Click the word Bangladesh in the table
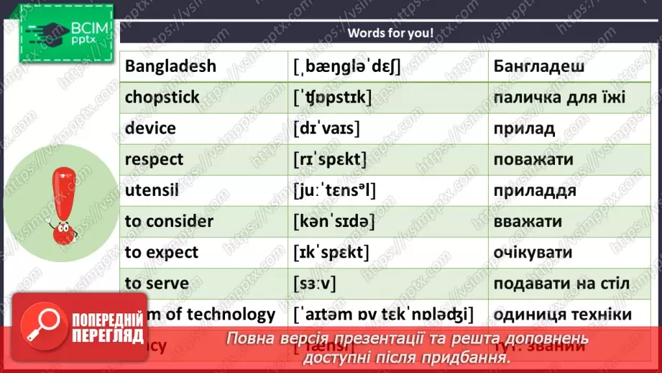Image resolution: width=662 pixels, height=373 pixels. coord(170,66)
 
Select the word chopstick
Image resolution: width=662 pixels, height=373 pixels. coord(162,97)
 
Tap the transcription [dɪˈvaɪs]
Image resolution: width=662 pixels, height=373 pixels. coord(327,128)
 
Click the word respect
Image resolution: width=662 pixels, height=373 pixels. coord(154,159)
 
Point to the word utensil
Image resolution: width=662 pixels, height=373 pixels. coord(151,190)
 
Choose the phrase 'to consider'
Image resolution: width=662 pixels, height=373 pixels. coord(169,221)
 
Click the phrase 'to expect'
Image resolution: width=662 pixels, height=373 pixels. coord(162,252)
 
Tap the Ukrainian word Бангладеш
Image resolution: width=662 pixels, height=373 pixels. coord(538,66)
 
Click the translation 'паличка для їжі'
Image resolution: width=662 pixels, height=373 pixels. coord(559,97)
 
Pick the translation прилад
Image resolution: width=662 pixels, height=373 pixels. coord(524,128)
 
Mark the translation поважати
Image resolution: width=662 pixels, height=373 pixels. coord(533,159)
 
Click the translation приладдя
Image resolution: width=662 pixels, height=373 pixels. coord(535,190)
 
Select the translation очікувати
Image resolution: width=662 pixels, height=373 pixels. coord(533,252)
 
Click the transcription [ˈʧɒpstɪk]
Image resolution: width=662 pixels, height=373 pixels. coord(332,97)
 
